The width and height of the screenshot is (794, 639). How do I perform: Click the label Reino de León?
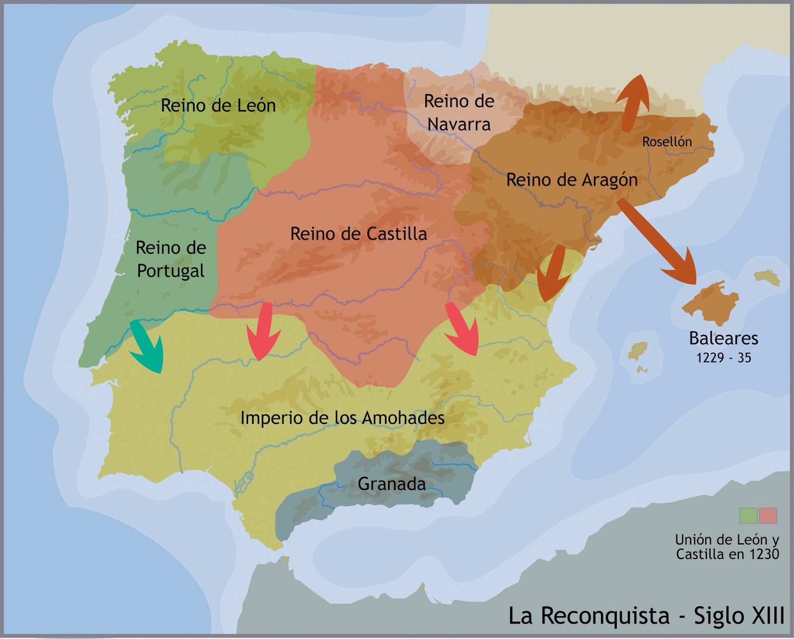[218, 106]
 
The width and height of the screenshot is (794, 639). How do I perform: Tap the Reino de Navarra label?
[459, 113]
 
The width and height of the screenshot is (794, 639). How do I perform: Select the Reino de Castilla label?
[358, 234]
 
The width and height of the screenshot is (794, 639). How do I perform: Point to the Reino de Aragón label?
[572, 180]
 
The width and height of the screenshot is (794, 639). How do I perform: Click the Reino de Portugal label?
[170, 259]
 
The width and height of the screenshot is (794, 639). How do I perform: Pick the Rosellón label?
[666, 142]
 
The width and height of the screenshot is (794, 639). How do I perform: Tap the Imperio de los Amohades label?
[342, 418]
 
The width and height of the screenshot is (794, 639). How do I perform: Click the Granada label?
[392, 484]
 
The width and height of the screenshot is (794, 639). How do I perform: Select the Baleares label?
[724, 338]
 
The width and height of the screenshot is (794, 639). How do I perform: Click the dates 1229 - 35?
[724, 358]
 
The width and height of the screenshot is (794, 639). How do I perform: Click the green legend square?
[748, 515]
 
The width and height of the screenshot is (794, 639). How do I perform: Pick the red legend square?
[768, 515]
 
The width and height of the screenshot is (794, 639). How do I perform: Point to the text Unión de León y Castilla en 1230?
[727, 547]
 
